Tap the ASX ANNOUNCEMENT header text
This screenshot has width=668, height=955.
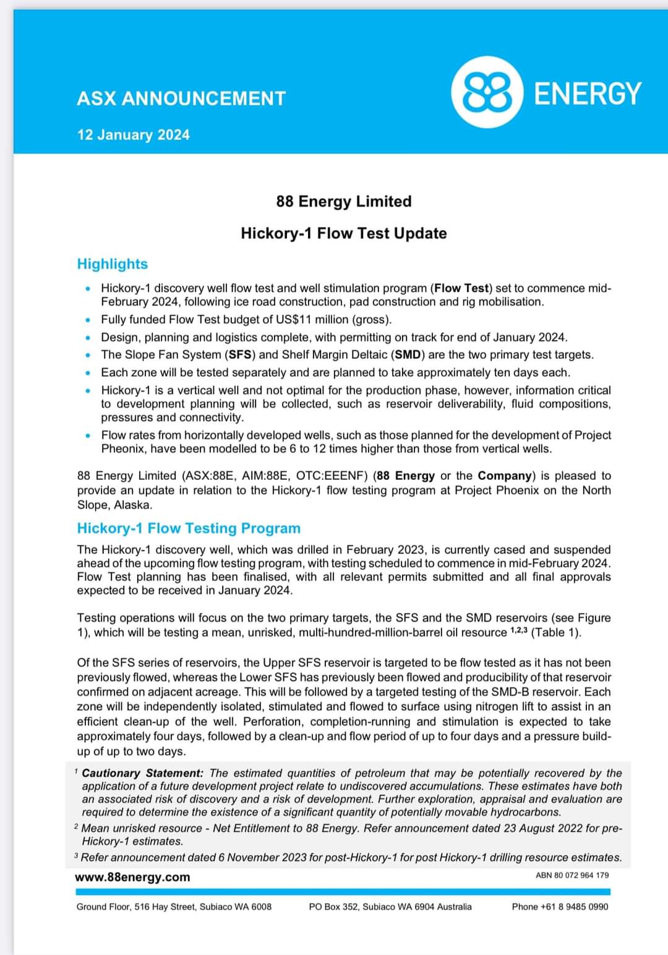181,98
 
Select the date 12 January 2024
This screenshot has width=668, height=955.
133,135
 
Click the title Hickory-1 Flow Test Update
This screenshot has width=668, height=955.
343,233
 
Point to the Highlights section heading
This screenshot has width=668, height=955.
112,264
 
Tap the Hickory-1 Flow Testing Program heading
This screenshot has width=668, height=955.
188,528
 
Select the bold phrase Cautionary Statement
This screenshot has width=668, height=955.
142,773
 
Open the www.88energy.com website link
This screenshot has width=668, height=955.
132,877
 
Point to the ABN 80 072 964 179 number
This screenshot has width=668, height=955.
572,875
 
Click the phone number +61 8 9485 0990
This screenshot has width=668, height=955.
560,907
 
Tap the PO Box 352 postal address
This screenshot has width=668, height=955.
390,907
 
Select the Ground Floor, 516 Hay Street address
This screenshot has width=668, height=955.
174,907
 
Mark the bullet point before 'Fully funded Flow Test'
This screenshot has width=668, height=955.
88,320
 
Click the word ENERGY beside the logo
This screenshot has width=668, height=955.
587,93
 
